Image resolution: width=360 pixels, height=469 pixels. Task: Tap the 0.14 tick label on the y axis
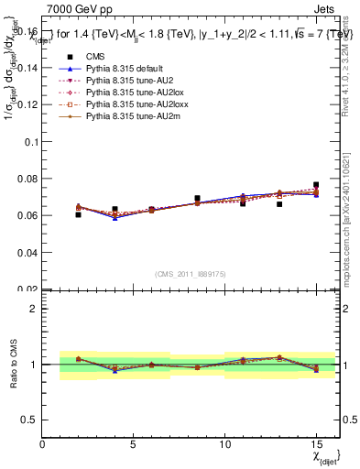(27, 70)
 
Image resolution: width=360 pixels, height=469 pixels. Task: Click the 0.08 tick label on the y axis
(27, 179)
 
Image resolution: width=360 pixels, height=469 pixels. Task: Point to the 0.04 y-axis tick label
(27, 252)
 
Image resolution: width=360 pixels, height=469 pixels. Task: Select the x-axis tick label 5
(133, 444)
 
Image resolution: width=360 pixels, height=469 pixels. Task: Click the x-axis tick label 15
(316, 444)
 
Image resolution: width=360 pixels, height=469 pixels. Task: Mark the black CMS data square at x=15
(316, 185)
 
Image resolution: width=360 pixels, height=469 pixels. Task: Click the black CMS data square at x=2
(78, 214)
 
